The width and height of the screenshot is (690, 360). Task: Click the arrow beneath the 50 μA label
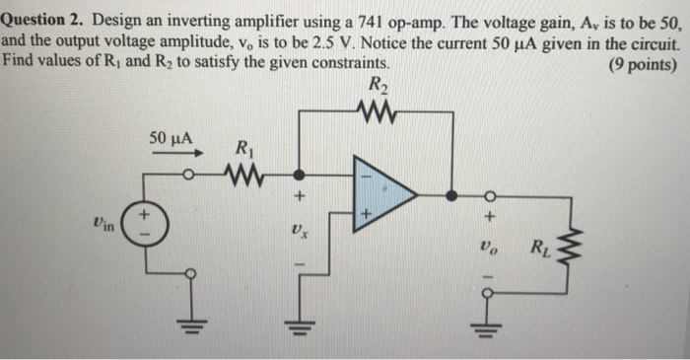[188, 154]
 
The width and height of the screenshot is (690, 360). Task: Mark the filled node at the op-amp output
[451, 195]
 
